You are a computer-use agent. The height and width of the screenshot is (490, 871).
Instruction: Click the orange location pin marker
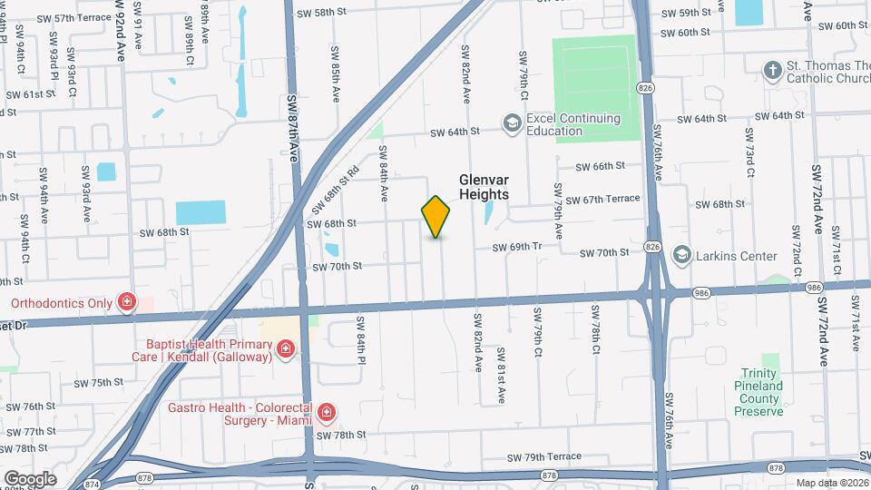pyautogui.click(x=435, y=217)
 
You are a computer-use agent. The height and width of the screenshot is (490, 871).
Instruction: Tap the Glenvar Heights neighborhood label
pyautogui.click(x=483, y=187)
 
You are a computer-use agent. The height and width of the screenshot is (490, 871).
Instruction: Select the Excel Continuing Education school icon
pyautogui.click(x=512, y=123)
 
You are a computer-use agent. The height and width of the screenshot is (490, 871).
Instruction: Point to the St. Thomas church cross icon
pyautogui.click(x=772, y=71)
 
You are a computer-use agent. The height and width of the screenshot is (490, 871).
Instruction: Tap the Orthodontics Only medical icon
pyautogui.click(x=127, y=303)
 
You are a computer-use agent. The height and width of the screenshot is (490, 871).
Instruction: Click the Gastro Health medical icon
pyautogui.click(x=326, y=414)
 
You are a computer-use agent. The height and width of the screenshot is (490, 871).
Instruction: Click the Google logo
pyautogui.click(x=29, y=479)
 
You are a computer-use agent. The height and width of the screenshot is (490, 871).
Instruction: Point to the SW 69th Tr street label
pyautogui.click(x=516, y=248)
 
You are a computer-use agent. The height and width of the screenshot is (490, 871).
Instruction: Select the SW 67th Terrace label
pyautogui.click(x=602, y=199)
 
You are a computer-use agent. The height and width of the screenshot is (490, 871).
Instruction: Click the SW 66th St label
pyautogui.click(x=602, y=166)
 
